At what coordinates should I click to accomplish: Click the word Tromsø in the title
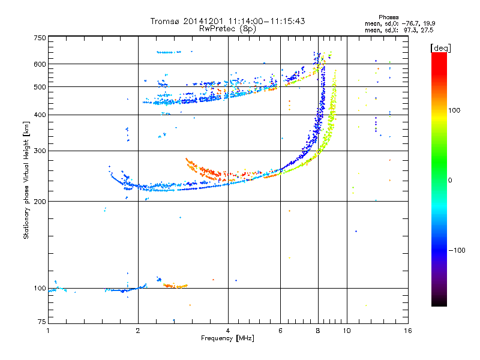[166, 21]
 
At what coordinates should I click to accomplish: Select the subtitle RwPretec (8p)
[228, 29]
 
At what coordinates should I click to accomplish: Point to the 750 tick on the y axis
[40, 38]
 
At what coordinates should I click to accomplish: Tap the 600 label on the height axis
[40, 64]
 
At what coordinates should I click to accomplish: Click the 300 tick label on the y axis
[40, 151]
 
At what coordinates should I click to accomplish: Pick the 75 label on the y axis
[41, 322]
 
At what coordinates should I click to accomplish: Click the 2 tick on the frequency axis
[138, 331]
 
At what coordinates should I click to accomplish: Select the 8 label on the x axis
[318, 331]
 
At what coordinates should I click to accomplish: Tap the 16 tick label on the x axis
[407, 331]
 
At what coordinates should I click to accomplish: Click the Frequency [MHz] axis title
[227, 338]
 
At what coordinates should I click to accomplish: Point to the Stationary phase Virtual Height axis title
[26, 181]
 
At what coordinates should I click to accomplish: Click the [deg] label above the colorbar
[440, 48]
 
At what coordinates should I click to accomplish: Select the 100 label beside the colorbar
[454, 110]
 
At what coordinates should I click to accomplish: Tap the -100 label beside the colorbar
[457, 250]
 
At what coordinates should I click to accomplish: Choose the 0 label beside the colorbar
[450, 180]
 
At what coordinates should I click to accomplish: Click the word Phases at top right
[388, 17]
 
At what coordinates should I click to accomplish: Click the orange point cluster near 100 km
[175, 286]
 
